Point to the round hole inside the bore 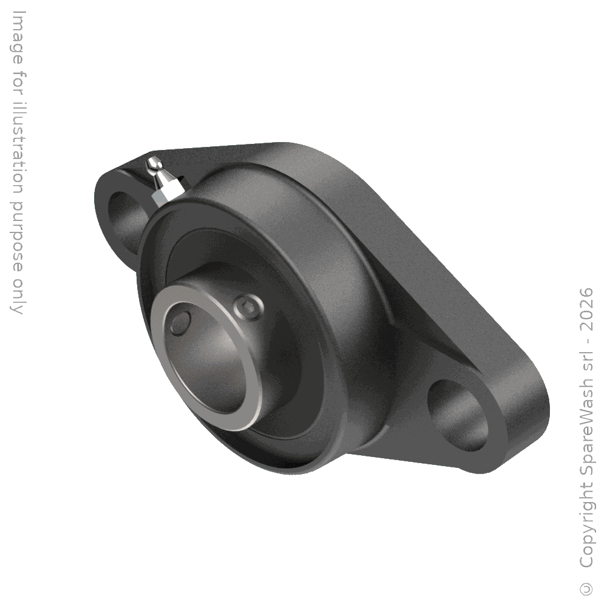coord(180,323)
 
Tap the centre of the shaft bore coord(209,358)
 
